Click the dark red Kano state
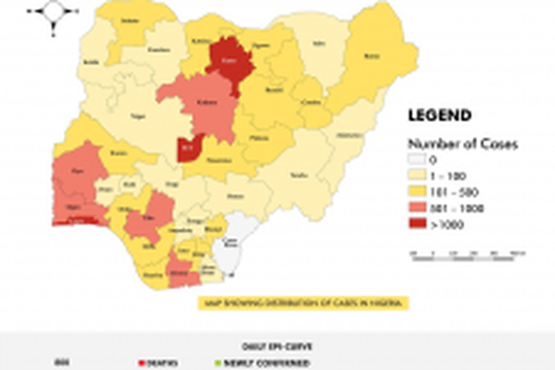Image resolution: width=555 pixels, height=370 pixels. tap(230, 60)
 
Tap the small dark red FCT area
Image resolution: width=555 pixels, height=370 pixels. tap(188, 147)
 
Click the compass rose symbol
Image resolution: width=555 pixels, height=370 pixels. tap(53, 13)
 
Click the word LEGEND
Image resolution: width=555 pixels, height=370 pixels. tap(439, 115)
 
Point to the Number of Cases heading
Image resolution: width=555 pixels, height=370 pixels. tap(463, 144)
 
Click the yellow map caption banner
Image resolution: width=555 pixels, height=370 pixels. tap(300, 303)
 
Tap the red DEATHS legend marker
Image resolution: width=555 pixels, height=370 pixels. tap(141, 363)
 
